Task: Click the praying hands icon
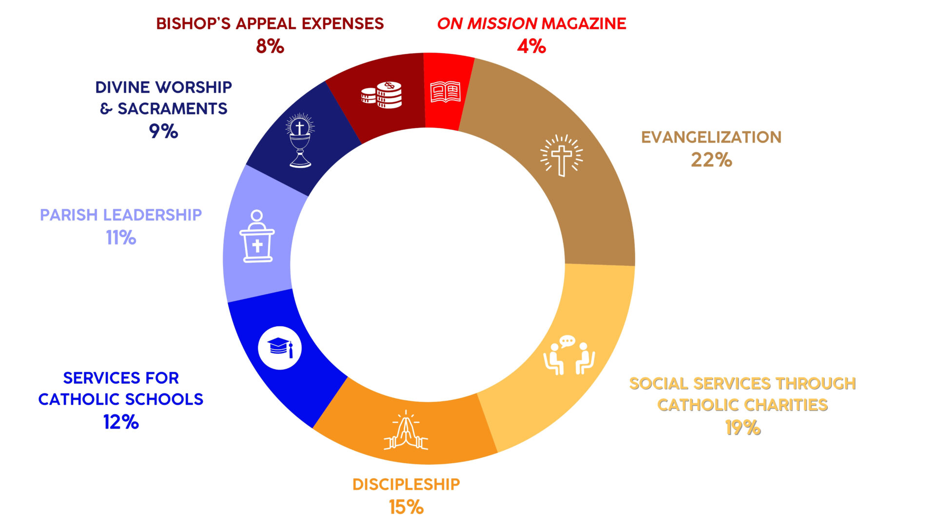406,431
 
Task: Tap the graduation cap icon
280,348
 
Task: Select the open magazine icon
445,92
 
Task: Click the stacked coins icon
382,94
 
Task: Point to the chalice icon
300,141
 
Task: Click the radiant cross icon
561,155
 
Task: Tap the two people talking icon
568,355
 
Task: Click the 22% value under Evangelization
711,160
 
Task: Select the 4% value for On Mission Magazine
531,46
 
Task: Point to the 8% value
270,46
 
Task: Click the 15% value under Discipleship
406,507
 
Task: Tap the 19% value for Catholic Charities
742,428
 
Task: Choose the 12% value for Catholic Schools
121,422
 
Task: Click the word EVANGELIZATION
711,137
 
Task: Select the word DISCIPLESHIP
406,484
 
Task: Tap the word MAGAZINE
584,23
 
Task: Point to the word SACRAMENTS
173,109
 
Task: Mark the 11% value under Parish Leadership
121,238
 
